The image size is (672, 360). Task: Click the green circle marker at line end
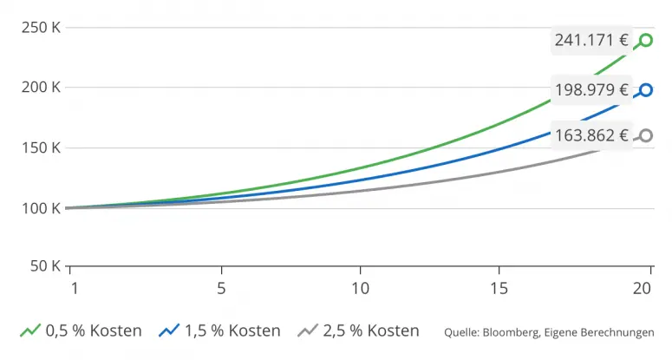[x=645, y=40]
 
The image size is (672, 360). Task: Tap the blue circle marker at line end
[x=645, y=89]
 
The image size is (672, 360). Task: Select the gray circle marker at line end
[x=645, y=135]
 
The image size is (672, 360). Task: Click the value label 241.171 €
[x=591, y=40]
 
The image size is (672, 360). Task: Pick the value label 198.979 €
[x=591, y=89]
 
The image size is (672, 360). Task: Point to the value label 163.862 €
[x=591, y=135]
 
